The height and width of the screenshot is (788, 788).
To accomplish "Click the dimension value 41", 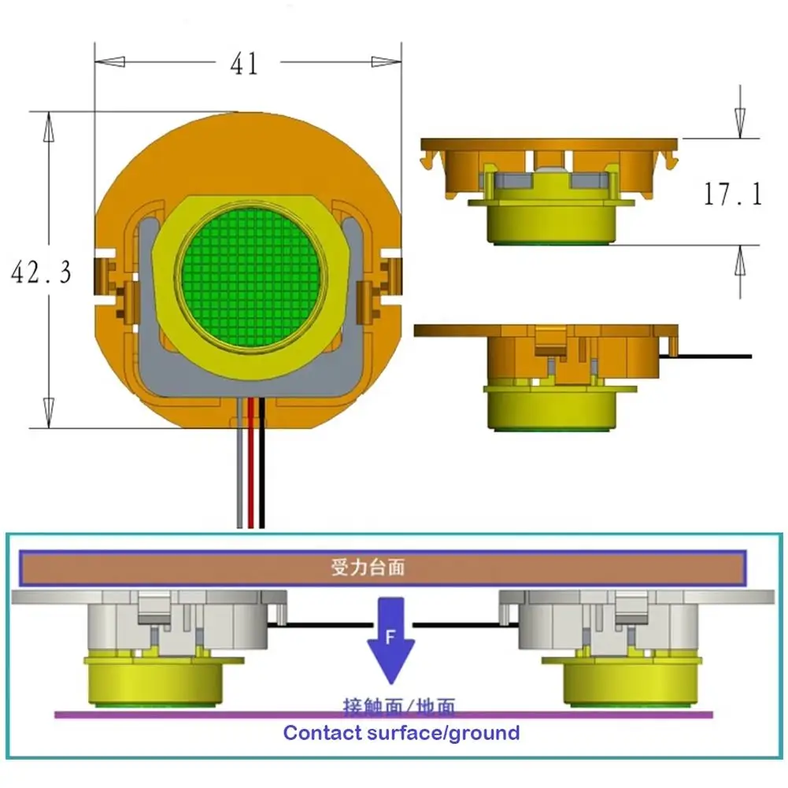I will point(244,64).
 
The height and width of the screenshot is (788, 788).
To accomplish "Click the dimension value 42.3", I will point(40,272).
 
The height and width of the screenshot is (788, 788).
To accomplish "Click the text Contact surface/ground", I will point(401,734).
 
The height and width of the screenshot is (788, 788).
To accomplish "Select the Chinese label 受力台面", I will point(368,567).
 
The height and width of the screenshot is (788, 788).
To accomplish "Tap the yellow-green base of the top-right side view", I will point(551,224).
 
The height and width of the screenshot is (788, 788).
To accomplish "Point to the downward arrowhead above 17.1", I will point(739,123).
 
